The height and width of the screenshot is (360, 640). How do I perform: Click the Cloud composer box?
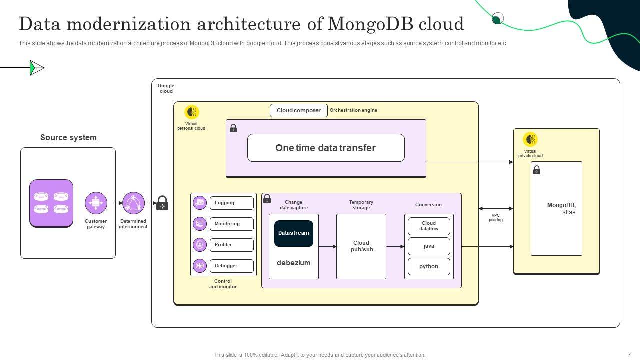click(x=298, y=110)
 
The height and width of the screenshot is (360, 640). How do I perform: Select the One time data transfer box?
click(x=326, y=148)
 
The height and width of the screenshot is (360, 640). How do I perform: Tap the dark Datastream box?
click(x=294, y=233)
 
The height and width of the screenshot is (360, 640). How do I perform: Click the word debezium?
click(x=294, y=263)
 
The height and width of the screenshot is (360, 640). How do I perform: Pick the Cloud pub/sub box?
click(x=361, y=246)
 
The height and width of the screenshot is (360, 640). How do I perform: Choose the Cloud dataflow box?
click(x=429, y=226)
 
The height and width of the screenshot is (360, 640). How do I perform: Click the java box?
click(x=429, y=246)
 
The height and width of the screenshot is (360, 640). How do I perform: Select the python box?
click(x=429, y=266)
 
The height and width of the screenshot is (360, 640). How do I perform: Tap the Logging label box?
click(x=231, y=203)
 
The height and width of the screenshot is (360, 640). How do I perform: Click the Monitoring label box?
click(x=231, y=224)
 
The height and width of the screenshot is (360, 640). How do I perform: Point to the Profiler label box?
click(x=231, y=245)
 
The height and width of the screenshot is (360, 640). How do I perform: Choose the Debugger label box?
click(x=231, y=266)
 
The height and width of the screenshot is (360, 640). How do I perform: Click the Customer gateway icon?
click(x=96, y=203)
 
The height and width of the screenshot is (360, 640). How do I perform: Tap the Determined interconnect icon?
click(x=133, y=203)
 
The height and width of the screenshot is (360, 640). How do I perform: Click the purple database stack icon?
click(x=51, y=203)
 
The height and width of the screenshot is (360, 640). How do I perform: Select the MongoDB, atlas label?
click(x=561, y=209)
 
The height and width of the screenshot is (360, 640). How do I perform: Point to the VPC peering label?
click(x=496, y=218)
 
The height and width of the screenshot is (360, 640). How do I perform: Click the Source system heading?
click(x=68, y=137)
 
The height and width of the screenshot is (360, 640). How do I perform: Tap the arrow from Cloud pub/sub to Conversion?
click(x=395, y=246)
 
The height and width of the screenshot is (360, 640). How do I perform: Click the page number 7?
click(x=629, y=355)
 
